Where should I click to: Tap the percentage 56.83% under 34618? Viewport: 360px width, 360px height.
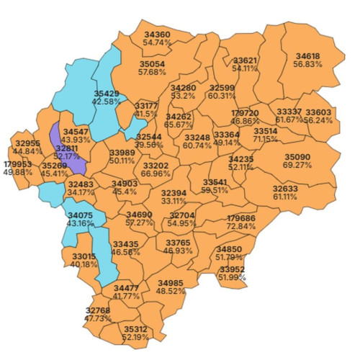(308, 64)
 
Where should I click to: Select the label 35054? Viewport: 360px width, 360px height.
(152, 64)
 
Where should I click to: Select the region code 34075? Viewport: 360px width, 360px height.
(80, 215)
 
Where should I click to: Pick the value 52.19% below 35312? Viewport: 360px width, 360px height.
(135, 336)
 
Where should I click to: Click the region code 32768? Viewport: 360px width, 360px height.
(98, 310)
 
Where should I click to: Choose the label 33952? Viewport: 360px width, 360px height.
(232, 269)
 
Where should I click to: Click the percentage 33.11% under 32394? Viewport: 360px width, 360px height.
(173, 201)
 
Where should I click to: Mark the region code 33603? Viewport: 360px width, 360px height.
(318, 112)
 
